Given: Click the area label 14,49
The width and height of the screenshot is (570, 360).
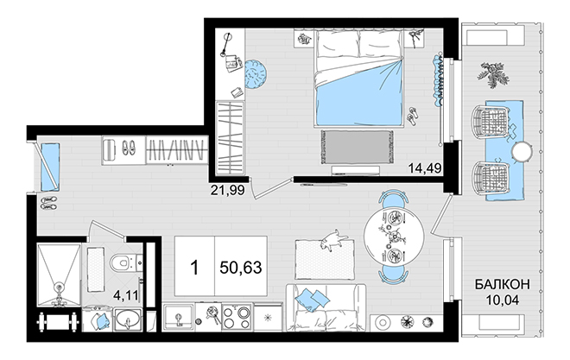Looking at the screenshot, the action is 424,168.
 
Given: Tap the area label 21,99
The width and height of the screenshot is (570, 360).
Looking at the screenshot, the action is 227,190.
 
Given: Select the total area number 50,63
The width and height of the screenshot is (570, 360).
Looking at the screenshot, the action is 241,268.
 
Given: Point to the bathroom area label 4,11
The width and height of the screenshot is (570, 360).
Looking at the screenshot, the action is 126,295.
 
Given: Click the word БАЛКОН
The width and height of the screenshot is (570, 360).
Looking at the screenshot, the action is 502,285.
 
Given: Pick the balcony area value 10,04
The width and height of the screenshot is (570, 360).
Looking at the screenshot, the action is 502,300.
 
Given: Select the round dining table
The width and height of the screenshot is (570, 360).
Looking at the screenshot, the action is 394,236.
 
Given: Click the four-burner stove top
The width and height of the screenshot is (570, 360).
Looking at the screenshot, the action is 237,318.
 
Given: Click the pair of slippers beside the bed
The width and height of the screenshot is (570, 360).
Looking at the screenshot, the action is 413,116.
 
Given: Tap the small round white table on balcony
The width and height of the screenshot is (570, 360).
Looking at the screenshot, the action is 522,151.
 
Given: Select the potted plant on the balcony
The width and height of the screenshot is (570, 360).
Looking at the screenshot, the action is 493,73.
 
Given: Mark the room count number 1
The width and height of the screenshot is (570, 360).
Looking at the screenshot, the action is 195,268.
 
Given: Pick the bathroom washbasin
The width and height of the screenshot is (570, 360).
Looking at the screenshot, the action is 128,320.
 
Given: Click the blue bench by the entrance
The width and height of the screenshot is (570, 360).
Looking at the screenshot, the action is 50,167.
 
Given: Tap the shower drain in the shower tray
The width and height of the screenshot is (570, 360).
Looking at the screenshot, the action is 58,288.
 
